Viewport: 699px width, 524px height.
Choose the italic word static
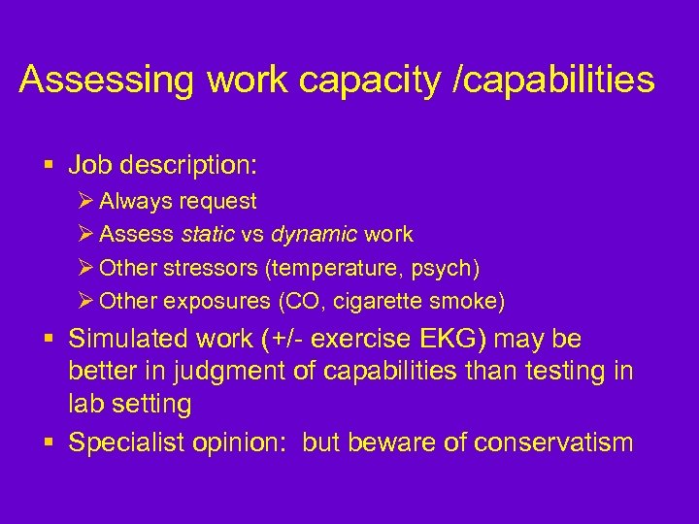[x=206, y=234]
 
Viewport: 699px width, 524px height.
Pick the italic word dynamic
[x=313, y=234]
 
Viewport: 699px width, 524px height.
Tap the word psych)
[x=446, y=267]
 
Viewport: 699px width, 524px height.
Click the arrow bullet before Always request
[x=84, y=202]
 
